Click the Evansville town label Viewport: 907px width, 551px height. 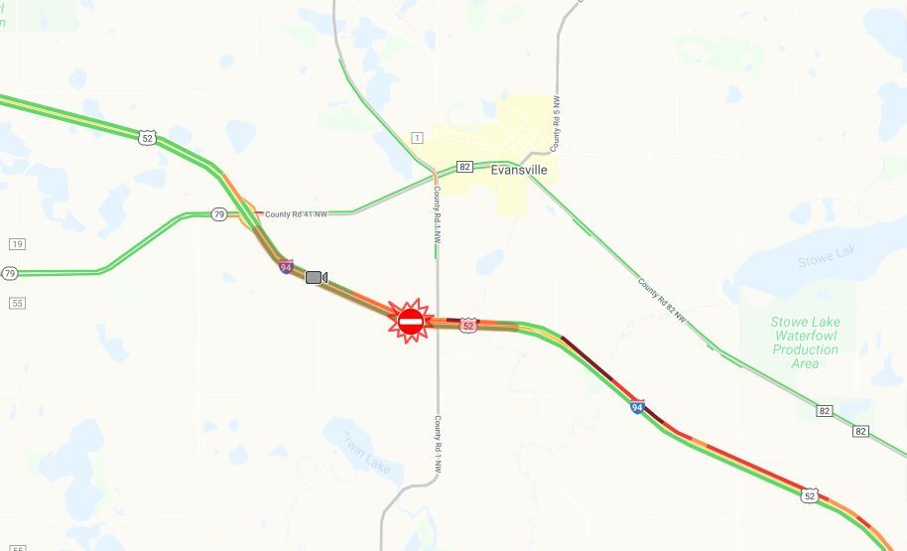click(518, 170)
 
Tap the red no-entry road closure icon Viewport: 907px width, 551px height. click(411, 321)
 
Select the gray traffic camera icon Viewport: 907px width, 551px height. click(317, 277)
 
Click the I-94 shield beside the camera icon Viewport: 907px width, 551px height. click(286, 267)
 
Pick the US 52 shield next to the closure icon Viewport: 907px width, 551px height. click(468, 325)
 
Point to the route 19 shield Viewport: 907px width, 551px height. click(17, 244)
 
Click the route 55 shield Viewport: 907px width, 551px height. click(17, 302)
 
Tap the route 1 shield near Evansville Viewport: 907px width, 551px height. click(417, 137)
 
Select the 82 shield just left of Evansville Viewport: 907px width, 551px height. click(464, 167)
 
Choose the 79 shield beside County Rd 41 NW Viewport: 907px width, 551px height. click(219, 213)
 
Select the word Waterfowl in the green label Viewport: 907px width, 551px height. click(805, 336)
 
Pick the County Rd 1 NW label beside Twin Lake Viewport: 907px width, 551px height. click(438, 445)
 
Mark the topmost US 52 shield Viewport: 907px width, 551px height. click(147, 138)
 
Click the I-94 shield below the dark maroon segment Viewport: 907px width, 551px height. click(637, 406)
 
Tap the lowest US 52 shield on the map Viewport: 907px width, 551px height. click(811, 495)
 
